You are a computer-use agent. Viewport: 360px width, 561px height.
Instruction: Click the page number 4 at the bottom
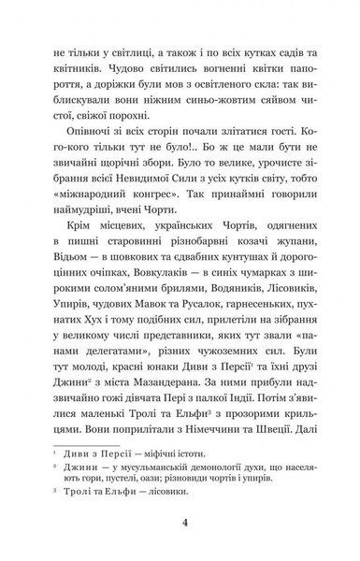click(x=184, y=523)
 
